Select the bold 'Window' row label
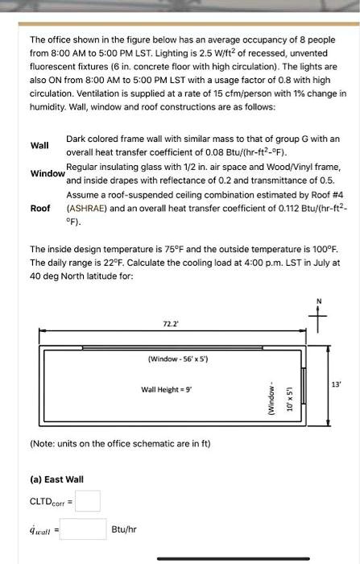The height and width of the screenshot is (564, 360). click(47, 174)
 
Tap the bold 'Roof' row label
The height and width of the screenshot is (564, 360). click(39, 208)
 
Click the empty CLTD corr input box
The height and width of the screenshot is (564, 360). click(89, 501)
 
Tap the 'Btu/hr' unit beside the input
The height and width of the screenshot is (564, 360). click(125, 530)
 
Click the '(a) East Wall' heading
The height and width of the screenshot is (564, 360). click(56, 479)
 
